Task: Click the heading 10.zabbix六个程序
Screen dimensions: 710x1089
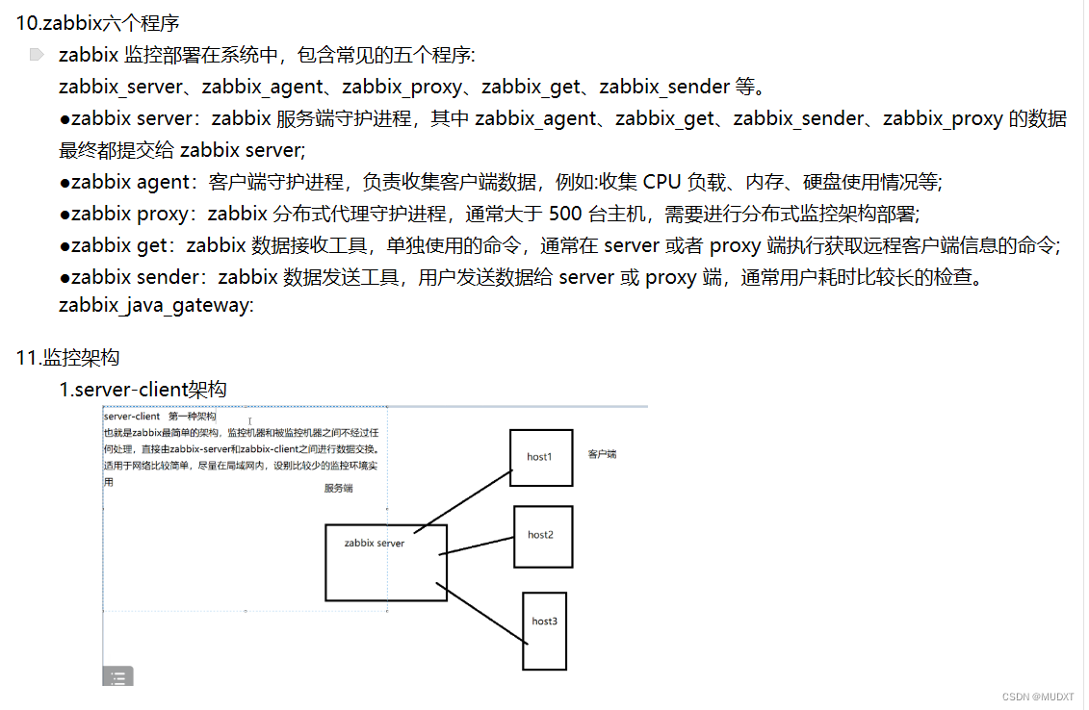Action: (97, 22)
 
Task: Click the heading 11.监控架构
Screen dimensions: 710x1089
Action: (67, 358)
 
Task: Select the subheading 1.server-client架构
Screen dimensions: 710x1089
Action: (143, 390)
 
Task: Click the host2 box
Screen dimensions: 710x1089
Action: (543, 536)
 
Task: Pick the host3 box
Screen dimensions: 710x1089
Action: (544, 630)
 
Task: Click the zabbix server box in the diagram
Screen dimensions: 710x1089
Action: (385, 563)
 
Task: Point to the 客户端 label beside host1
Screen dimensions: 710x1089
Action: (602, 454)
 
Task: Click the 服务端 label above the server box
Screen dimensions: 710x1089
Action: (338, 489)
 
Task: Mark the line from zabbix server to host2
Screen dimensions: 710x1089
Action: (477, 545)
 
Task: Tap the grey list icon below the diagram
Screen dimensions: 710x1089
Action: (117, 676)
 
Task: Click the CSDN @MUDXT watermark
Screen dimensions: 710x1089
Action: (1037, 697)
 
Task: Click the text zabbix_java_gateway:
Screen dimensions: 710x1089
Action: (156, 306)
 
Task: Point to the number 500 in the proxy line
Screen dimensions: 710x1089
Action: (564, 214)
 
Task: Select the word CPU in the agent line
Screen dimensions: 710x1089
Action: (662, 182)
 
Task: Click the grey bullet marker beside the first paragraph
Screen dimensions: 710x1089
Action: (37, 55)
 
